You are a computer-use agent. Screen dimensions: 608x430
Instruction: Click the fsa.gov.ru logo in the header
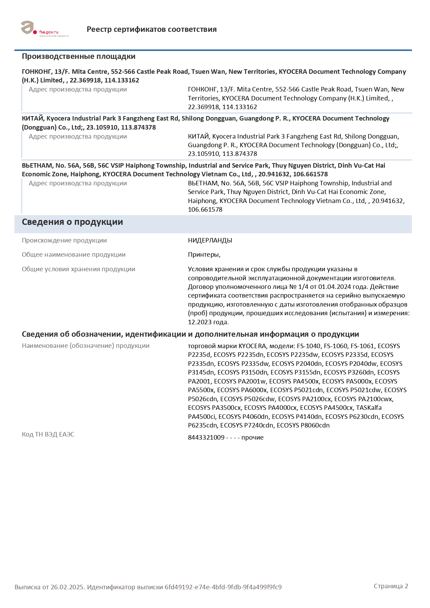point(44,29)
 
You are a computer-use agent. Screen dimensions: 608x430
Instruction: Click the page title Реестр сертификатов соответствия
point(152,29)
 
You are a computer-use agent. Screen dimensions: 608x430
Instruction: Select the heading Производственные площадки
point(78,56)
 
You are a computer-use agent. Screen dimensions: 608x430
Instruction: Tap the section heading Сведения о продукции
point(72,222)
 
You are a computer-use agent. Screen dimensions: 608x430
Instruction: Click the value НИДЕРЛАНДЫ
point(210,240)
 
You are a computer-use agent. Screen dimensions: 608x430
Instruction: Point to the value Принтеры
point(204,255)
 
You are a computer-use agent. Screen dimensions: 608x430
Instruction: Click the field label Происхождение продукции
point(64,240)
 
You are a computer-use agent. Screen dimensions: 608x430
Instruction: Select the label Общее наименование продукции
point(74,255)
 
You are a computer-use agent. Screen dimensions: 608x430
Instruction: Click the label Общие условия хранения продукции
point(78,269)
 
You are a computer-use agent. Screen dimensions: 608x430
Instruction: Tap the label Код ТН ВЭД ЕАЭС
point(48,434)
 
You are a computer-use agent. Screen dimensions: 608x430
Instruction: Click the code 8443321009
point(206,438)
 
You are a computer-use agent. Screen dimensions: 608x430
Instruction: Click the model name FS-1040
point(309,346)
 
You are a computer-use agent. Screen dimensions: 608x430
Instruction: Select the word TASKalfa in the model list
point(369,408)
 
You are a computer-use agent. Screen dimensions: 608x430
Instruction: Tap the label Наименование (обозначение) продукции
point(85,346)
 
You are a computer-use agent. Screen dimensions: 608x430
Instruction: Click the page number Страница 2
point(391,586)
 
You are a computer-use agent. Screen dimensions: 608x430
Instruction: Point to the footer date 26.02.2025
point(67,587)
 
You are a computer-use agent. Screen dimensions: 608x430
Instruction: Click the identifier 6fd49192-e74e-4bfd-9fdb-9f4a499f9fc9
point(223,587)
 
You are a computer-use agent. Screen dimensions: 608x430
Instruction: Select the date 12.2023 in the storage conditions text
point(200,322)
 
